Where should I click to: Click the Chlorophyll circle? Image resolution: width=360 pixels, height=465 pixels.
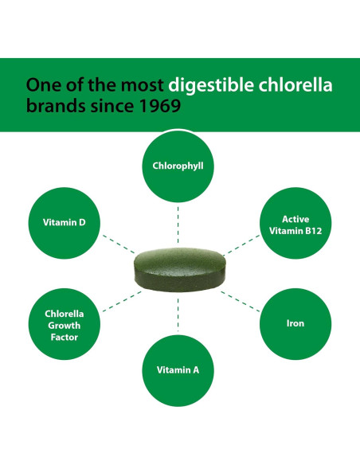click(179, 166)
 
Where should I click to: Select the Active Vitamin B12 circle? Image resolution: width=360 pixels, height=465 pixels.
click(295, 225)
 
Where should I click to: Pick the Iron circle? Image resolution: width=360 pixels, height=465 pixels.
click(295, 323)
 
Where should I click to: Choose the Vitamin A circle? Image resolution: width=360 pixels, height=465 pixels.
click(178, 370)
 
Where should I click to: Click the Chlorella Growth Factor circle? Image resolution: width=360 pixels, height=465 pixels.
click(64, 324)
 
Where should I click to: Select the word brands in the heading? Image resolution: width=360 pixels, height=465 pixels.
click(50, 106)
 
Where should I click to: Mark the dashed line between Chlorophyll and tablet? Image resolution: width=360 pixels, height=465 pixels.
click(179, 225)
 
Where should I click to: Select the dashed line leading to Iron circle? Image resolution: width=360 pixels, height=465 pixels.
click(240, 298)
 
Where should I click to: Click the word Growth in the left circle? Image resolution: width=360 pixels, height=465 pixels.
click(64, 324)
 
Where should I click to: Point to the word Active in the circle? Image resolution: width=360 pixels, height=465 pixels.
click(295, 217)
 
